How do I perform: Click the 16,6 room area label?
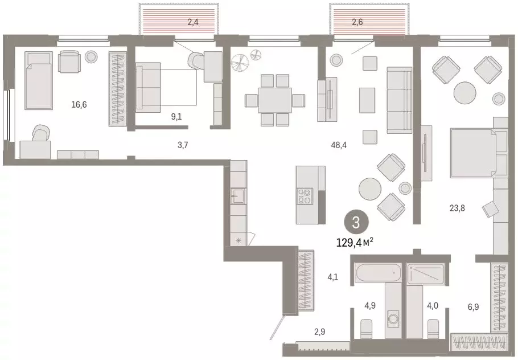[x=79, y=105]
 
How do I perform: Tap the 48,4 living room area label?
[x=340, y=145]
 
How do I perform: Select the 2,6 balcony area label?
[x=357, y=23]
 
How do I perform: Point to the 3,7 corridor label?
[x=182, y=145]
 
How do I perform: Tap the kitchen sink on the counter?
[x=238, y=198]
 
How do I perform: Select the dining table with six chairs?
[x=274, y=100]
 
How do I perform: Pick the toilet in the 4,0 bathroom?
[x=433, y=329]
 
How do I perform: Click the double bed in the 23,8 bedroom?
[x=477, y=153]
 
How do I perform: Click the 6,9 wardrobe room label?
[x=474, y=307]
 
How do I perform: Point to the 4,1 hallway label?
[x=333, y=279]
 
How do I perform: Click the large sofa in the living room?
[x=398, y=100]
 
